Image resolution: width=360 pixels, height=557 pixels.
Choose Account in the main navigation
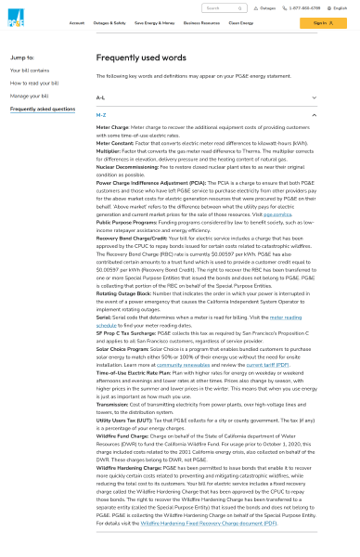[76, 22]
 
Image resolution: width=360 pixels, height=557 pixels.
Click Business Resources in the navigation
[201, 22]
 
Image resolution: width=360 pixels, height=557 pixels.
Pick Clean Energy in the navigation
[240, 22]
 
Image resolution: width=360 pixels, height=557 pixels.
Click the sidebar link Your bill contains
[30, 70]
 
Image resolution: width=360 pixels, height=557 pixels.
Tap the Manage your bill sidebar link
[30, 96]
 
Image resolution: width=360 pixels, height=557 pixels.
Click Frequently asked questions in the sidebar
[43, 109]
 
